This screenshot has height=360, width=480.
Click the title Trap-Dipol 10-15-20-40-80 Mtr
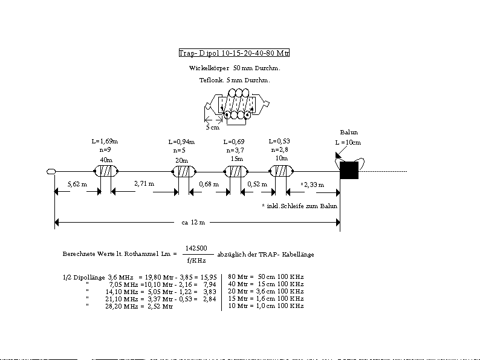pyautogui.click(x=235, y=53)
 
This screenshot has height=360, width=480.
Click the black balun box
pyautogui.click(x=349, y=171)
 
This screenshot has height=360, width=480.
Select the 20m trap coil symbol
pyautogui.click(x=182, y=171)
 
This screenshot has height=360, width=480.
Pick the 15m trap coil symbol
pyautogui.click(x=235, y=171)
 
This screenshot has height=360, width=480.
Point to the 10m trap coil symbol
pyautogui.click(x=281, y=171)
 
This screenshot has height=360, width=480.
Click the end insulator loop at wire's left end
pyautogui.click(x=51, y=172)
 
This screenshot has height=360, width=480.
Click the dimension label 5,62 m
pyautogui.click(x=77, y=184)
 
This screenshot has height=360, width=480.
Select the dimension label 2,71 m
pyautogui.click(x=144, y=183)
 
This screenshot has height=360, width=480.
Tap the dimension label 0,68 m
pyautogui.click(x=209, y=184)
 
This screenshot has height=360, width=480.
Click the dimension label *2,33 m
pyautogui.click(x=313, y=185)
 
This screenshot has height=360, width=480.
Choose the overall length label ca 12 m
pyautogui.click(x=193, y=222)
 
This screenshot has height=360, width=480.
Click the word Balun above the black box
pyautogui.click(x=349, y=132)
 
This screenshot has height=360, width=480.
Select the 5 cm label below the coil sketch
pyautogui.click(x=212, y=128)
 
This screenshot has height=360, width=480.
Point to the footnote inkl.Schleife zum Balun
pyautogui.click(x=300, y=206)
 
